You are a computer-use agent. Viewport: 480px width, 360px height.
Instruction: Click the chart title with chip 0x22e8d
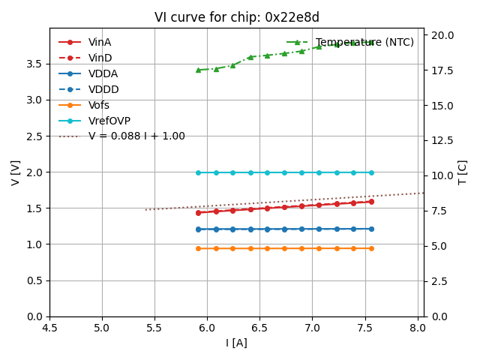tap(236, 17)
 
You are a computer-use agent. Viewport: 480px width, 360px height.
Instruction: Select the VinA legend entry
tap(100, 42)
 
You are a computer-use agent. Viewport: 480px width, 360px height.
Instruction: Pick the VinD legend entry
tap(100, 58)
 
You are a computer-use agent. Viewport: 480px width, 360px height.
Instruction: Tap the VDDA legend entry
tap(103, 73)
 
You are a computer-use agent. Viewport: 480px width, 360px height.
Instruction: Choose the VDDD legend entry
tap(103, 89)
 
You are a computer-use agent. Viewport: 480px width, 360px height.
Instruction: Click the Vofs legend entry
tap(99, 105)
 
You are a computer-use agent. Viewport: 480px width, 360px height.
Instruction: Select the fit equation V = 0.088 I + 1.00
tap(136, 136)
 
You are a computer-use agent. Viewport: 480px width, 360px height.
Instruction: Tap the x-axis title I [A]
tap(236, 343)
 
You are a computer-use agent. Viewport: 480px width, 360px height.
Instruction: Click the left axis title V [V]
tap(16, 172)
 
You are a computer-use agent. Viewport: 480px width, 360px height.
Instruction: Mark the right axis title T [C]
tap(462, 172)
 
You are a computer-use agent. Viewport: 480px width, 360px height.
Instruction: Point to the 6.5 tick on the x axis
tap(259, 328)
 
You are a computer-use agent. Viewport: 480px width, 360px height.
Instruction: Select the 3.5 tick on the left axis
tap(36, 64)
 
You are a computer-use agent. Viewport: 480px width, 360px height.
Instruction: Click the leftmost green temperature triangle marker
tap(198, 70)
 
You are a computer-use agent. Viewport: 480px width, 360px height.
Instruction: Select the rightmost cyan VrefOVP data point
tap(371, 172)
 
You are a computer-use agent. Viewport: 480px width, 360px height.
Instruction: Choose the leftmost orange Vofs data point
tap(198, 248)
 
